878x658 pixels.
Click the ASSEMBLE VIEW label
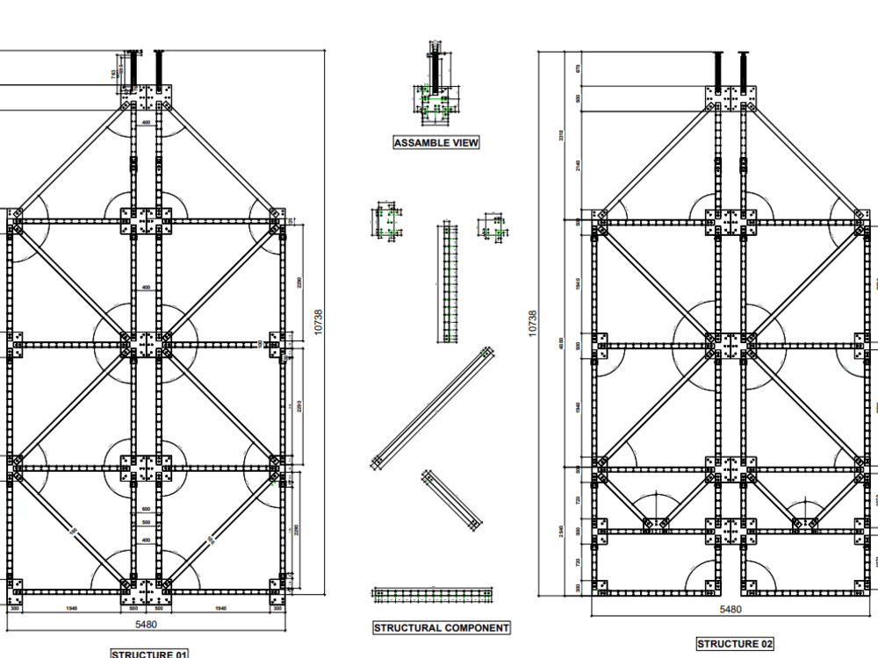point(436,143)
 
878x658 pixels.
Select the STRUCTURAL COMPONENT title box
point(441,628)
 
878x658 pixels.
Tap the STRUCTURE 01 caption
point(149,654)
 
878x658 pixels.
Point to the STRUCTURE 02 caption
point(735,644)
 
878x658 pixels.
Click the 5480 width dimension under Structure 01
point(147,624)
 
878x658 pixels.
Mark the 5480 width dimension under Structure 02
point(730,609)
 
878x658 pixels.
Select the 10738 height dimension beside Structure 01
point(318,322)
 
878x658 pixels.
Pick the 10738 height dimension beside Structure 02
point(532,322)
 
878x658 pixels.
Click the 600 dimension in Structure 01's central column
point(146,509)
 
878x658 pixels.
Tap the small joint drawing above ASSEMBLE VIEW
point(436,88)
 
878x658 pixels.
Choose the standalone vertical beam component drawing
point(449,283)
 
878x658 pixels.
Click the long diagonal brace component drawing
point(433,409)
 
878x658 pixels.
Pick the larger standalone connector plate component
point(387,221)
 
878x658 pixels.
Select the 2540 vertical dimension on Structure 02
point(562,532)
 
